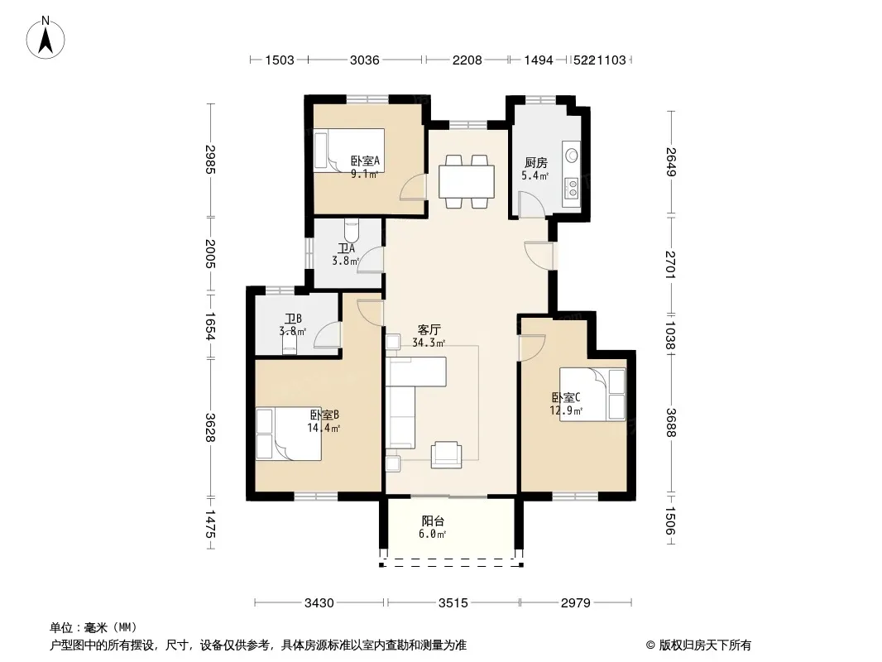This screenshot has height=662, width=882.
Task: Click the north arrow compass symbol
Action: pyautogui.click(x=46, y=38)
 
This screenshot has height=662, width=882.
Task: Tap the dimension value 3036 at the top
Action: pyautogui.click(x=365, y=60)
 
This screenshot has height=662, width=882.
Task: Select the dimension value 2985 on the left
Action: pyautogui.click(x=210, y=160)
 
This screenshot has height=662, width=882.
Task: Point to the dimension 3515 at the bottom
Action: pyautogui.click(x=453, y=603)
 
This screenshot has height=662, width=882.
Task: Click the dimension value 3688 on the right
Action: pyautogui.click(x=670, y=422)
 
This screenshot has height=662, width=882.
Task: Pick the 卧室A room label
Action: pyautogui.click(x=365, y=161)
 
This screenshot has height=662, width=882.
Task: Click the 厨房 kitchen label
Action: pyautogui.click(x=535, y=162)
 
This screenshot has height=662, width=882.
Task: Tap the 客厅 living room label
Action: pyautogui.click(x=429, y=329)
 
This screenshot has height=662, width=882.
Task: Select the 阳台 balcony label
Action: pyautogui.click(x=433, y=521)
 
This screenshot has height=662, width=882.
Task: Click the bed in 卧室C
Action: pyautogui.click(x=592, y=394)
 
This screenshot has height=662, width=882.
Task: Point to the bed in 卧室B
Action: pyautogui.click(x=289, y=434)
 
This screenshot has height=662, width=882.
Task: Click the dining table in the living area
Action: pyautogui.click(x=467, y=181)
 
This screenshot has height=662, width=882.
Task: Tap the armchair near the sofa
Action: pyautogui.click(x=446, y=455)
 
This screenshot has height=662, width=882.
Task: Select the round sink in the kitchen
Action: pyautogui.click(x=572, y=155)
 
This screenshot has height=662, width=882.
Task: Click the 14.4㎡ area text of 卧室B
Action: pyautogui.click(x=324, y=428)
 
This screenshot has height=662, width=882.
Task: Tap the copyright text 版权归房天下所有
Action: pyautogui.click(x=705, y=645)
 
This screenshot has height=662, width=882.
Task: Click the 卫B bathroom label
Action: pyautogui.click(x=293, y=319)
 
